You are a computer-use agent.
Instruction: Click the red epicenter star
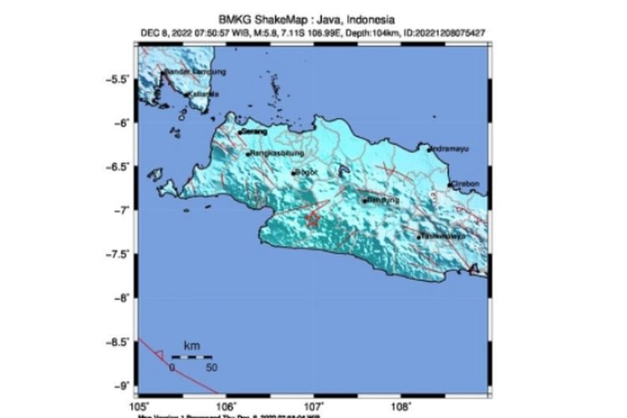pyautogui.click(x=311, y=220)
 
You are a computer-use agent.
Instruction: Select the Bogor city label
pyautogui.click(x=304, y=173)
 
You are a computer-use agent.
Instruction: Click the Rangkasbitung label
pyautogui.click(x=277, y=155)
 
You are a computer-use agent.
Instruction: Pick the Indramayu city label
pyautogui.click(x=450, y=149)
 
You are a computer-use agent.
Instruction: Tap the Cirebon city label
pyautogui.click(x=465, y=184)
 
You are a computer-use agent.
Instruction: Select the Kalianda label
pyautogui.click(x=204, y=94)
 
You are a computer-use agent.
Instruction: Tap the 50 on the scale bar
pyautogui.click(x=212, y=367)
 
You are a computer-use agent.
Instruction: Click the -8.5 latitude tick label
pyautogui.click(x=118, y=341)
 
